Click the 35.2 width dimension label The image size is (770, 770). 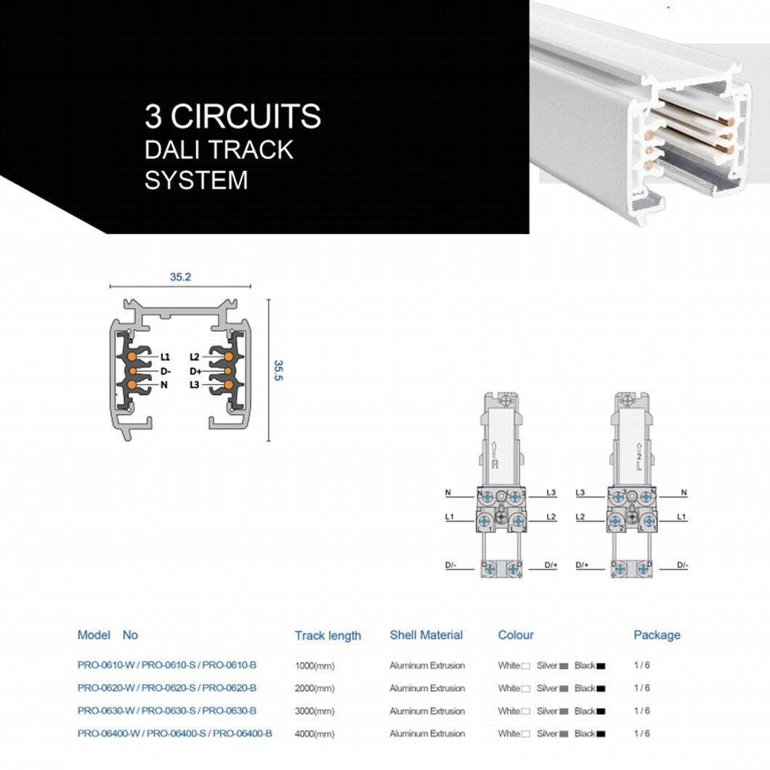(180, 277)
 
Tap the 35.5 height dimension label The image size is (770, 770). (278, 370)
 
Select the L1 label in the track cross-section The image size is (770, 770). (165, 357)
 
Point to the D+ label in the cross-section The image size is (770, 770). (195, 371)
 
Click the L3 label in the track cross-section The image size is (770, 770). (195, 384)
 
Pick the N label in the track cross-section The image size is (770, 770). (164, 385)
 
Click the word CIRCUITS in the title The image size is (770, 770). (246, 116)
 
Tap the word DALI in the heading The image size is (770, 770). (170, 150)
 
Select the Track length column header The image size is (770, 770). (328, 636)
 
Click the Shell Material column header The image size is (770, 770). (426, 635)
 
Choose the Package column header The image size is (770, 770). (657, 635)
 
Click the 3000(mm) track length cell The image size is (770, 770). (315, 711)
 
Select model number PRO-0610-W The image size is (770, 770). (106, 665)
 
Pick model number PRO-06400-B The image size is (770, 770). (242, 733)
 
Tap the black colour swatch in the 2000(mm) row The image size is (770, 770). (601, 689)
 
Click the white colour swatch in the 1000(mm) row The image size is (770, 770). (525, 666)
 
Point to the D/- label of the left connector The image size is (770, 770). (451, 565)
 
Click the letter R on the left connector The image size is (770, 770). (495, 464)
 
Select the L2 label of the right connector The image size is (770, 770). (580, 516)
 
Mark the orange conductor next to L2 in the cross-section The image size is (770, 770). (228, 357)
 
